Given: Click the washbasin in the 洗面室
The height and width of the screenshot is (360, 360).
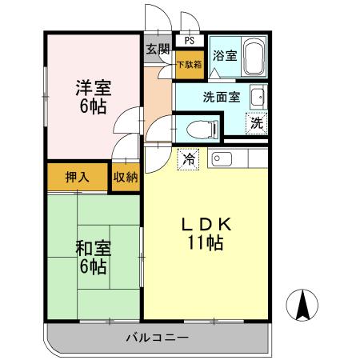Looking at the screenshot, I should pos(258,98).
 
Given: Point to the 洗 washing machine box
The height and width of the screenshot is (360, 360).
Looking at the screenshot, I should pos(256,124).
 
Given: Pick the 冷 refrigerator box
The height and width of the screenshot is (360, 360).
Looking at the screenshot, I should pos(190,158).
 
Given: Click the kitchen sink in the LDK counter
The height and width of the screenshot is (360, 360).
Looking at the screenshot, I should pos(222,158).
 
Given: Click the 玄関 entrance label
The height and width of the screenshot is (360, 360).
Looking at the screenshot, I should pos(158,50).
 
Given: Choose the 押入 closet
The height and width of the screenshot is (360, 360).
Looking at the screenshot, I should pos(77,176).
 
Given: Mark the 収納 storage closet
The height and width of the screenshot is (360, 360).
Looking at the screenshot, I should pos(126,176).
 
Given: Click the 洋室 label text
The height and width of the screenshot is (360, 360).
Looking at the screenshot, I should pos(93,86).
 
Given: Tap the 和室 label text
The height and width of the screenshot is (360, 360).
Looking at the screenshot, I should pos(93,248).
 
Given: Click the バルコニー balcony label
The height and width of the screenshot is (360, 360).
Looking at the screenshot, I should pos(157,337).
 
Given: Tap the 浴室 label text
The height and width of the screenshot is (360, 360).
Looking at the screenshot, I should pos(225,56).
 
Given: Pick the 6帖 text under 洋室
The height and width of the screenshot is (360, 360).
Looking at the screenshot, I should pos(93,106).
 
